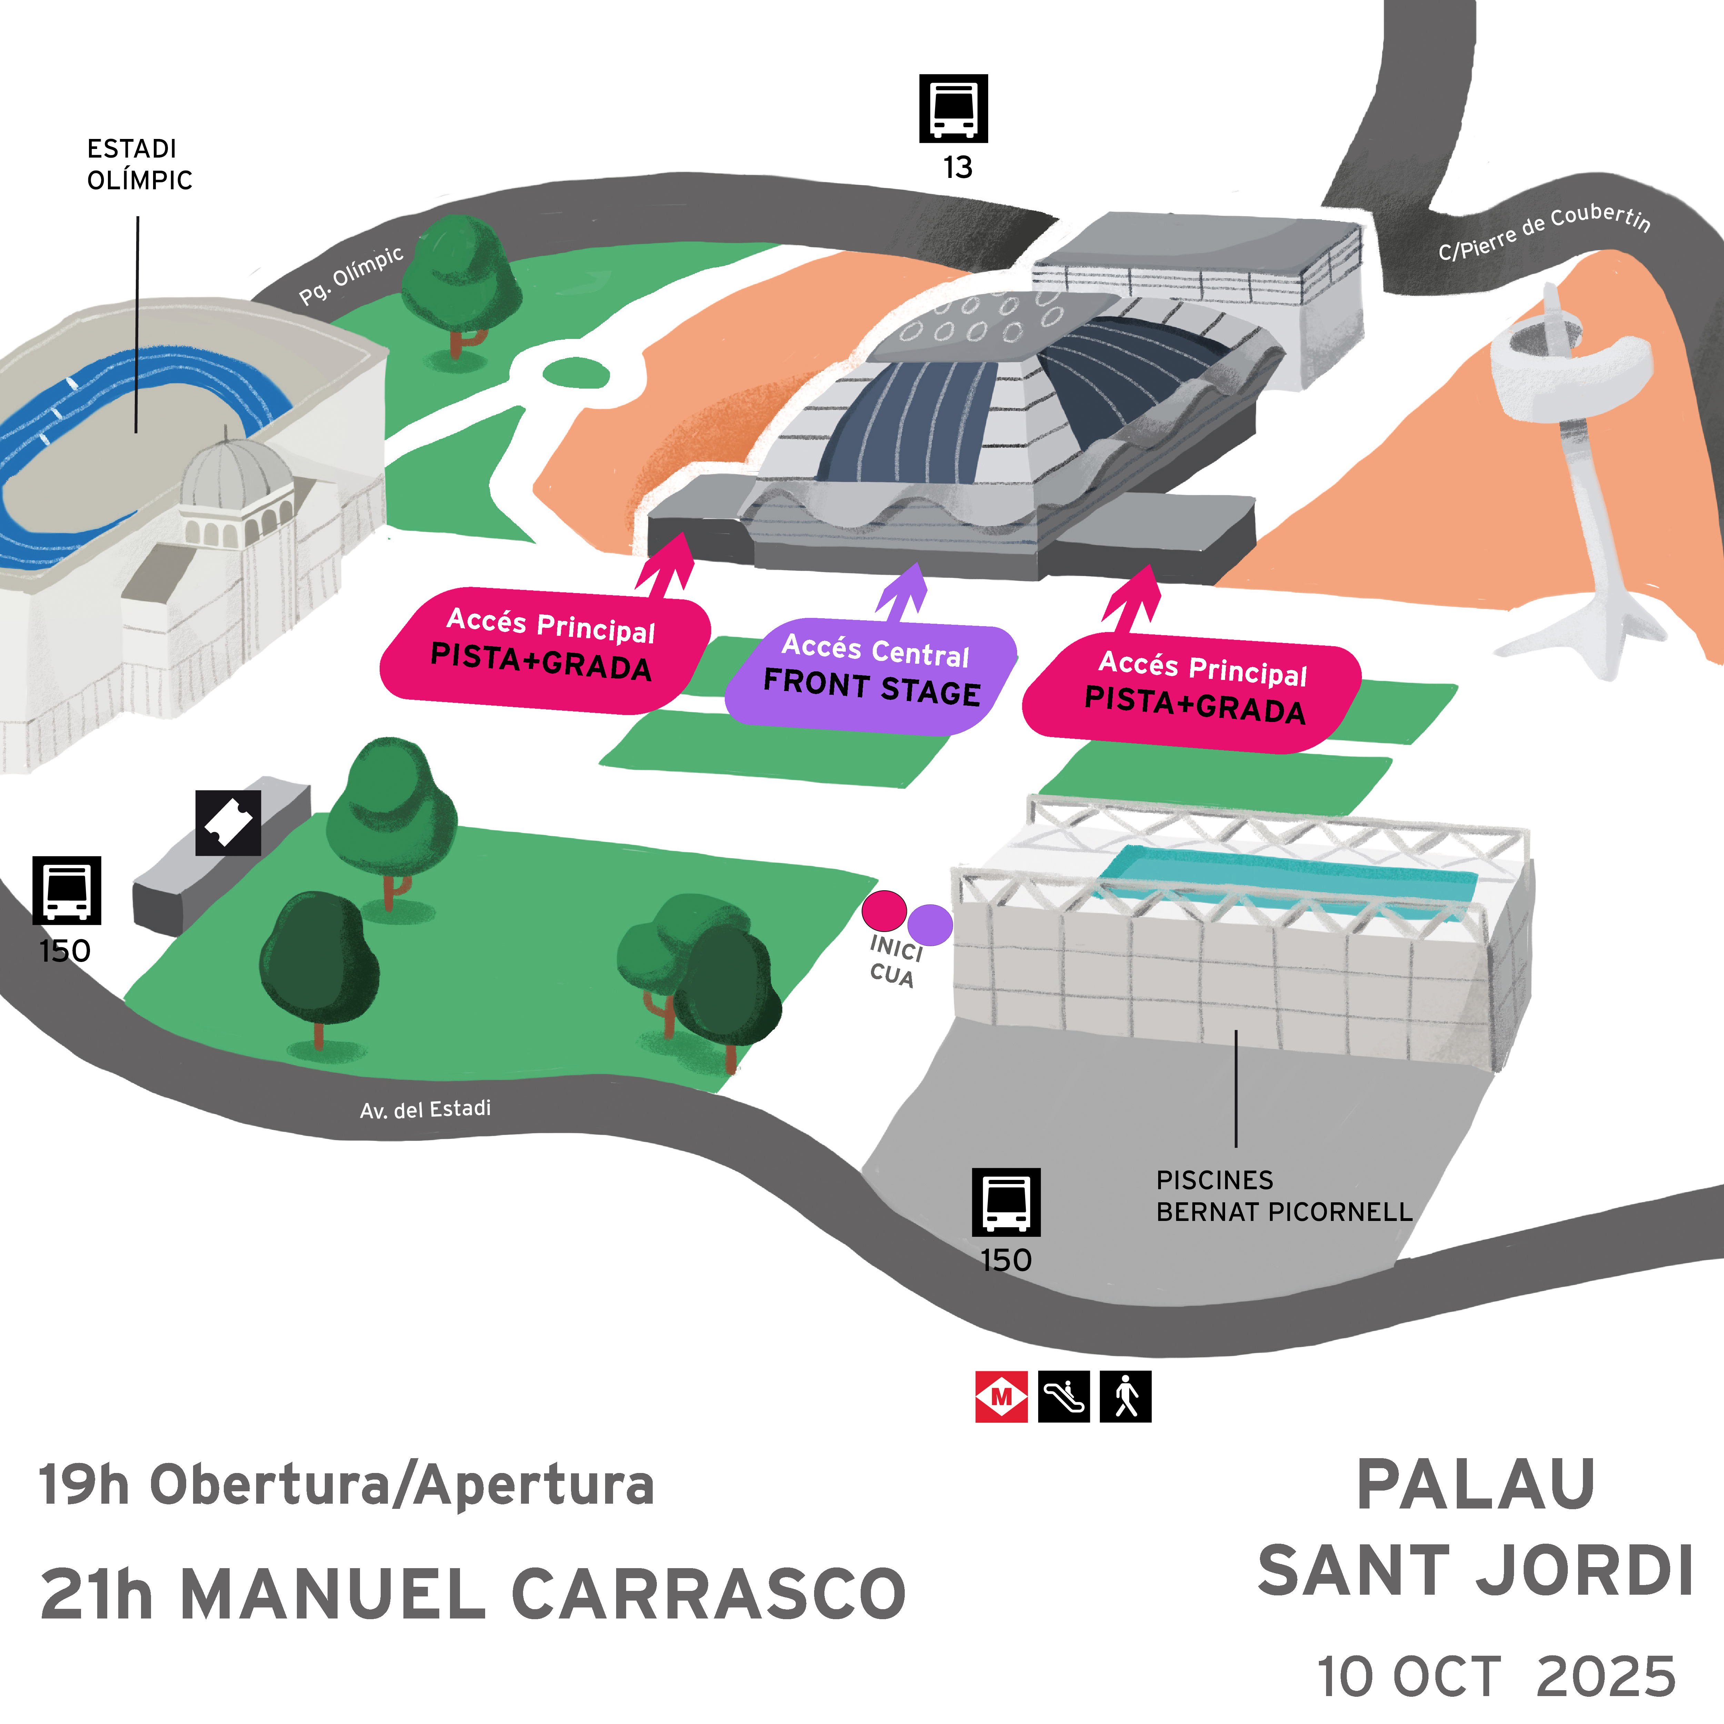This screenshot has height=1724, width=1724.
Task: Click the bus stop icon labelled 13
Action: click(953, 108)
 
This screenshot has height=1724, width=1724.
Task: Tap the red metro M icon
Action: click(1001, 1396)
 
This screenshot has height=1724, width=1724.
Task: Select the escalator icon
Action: click(1064, 1396)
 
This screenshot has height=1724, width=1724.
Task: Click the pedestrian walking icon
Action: click(1125, 1396)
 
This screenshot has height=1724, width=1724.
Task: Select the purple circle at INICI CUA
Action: click(931, 924)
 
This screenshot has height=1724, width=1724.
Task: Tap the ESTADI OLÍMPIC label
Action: click(139, 164)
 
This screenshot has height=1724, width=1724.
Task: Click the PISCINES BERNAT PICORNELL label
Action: click(1284, 1196)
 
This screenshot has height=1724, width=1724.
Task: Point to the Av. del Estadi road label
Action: click(425, 1109)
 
